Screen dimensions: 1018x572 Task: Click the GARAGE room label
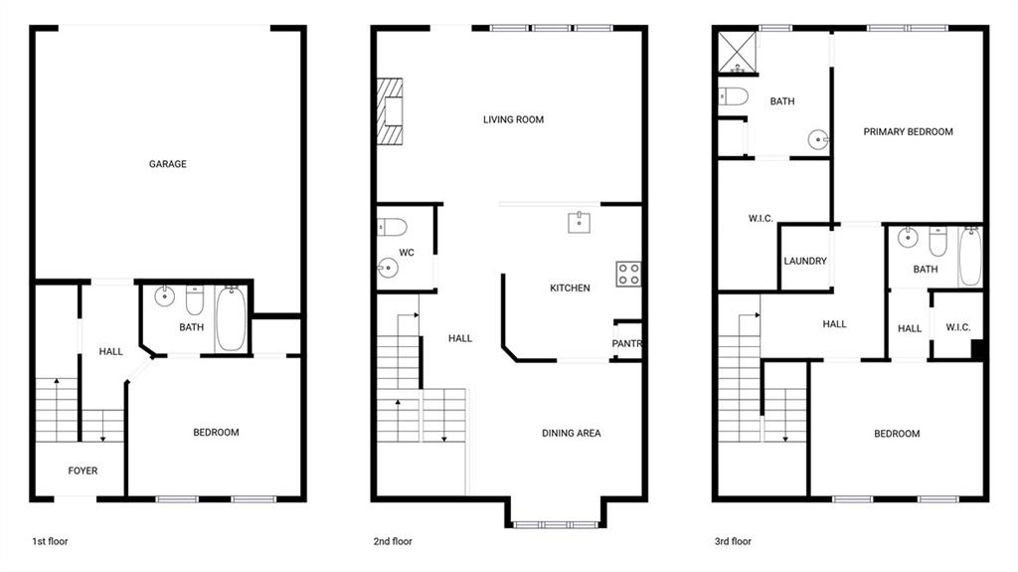[167, 164]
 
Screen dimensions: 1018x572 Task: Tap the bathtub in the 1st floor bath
[231, 318]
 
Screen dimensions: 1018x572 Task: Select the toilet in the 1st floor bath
[195, 299]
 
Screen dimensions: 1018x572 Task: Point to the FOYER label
[83, 471]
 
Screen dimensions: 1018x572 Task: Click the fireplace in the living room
[390, 111]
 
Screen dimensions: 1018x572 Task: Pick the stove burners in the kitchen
[628, 274]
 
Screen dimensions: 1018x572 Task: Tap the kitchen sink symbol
[580, 222]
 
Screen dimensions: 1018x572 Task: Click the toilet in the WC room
[392, 227]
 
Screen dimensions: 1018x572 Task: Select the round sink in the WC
[389, 268]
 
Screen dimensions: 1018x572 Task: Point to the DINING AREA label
[572, 433]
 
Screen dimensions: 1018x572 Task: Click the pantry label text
[626, 343]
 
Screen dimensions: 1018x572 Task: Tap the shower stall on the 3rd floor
[738, 52]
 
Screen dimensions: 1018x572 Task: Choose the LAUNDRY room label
[805, 261]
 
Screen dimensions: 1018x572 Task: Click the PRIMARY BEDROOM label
[909, 131]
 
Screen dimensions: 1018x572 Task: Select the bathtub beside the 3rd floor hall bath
[970, 256]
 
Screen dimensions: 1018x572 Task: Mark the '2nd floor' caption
[393, 541]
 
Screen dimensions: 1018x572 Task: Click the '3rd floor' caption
[733, 541]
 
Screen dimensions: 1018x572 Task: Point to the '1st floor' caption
[50, 541]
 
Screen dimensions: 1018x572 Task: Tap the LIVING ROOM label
[514, 119]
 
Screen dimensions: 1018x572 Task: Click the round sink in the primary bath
[818, 139]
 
